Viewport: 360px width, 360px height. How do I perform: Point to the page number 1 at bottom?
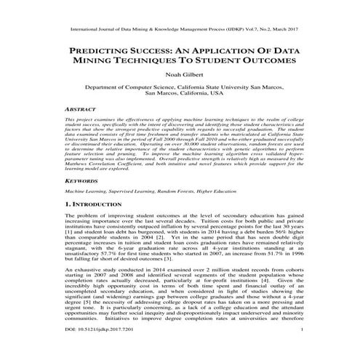[x=300, y=350]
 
